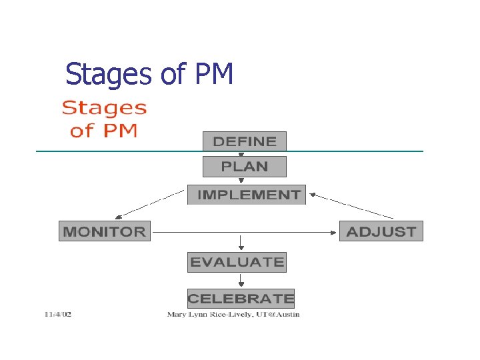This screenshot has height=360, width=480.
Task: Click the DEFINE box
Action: point(244,141)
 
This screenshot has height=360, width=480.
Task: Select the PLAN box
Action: point(244,167)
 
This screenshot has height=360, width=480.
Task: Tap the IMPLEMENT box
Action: point(246,195)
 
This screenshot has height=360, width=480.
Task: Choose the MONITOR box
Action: point(104,231)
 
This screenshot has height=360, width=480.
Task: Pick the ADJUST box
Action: point(381,231)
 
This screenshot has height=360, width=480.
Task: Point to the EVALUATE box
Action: point(237,262)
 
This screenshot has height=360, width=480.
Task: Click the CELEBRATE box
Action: point(241,298)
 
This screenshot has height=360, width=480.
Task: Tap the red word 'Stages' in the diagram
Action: point(105,108)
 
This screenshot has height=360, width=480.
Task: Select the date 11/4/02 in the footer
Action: point(58,314)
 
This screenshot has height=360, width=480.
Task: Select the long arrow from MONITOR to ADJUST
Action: point(244,232)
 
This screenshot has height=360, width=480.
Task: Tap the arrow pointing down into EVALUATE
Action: point(241,243)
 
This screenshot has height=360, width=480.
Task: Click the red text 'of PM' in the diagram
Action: point(104,130)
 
